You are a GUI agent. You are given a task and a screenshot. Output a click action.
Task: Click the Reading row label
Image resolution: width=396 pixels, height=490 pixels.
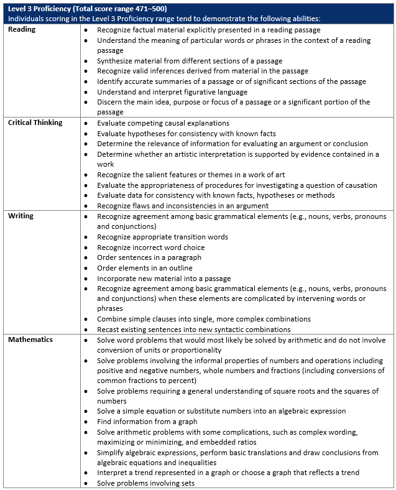[22, 30]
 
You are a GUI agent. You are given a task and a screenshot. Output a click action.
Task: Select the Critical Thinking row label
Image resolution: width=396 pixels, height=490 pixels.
[35, 123]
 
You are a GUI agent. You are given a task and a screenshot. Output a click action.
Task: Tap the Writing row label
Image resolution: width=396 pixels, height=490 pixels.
[21, 216]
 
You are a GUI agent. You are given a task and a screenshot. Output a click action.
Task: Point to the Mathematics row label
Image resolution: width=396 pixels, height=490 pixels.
[30, 340]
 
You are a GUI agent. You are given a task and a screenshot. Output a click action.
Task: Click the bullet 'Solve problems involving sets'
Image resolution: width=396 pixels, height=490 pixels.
[145, 483]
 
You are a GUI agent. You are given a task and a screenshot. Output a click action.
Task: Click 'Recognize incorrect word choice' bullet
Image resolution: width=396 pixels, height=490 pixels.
[150, 247]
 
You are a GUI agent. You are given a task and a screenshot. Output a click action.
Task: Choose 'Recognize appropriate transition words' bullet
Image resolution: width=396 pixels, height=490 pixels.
[162, 237]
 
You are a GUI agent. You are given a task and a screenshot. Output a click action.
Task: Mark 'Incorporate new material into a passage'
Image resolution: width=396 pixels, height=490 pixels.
[163, 278]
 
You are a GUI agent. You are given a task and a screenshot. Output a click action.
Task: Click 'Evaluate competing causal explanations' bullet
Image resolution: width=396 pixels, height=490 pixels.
[163, 123]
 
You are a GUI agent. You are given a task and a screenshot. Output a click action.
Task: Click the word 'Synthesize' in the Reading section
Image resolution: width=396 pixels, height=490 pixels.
[115, 61]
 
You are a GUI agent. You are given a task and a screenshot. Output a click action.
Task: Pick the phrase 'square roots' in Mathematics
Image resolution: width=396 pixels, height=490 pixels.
[285, 391]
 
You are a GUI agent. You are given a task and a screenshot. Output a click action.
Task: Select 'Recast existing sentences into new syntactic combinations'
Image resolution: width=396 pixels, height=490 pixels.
[193, 330]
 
